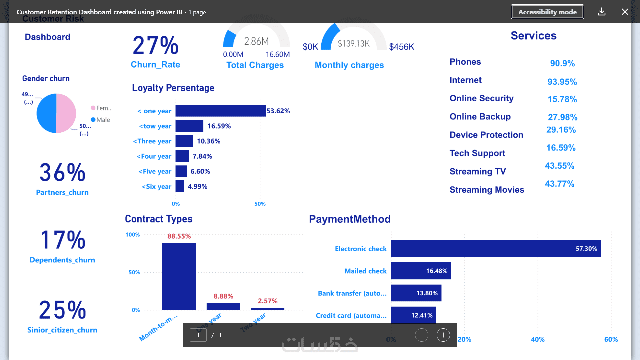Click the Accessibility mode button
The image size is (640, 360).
coord(547,12)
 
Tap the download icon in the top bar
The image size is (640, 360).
coord(602,12)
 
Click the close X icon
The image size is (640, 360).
coord(625,12)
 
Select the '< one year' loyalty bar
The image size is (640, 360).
coord(220,111)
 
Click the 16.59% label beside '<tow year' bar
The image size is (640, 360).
coord(219,126)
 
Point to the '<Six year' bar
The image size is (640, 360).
coord(180,186)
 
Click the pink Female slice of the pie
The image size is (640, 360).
coord(66,113)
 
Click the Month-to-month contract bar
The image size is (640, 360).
coord(179,276)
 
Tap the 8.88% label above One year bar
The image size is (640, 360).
coord(223,296)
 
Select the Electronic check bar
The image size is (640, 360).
coord(496,248)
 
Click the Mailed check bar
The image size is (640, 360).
coord(421,271)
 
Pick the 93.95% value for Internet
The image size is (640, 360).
coord(562,82)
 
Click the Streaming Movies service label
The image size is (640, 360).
coord(487,190)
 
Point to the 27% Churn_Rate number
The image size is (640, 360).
coord(155,45)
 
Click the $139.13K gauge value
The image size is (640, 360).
coord(354,44)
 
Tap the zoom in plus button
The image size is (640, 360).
coord(443,335)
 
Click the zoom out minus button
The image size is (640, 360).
coord(422,335)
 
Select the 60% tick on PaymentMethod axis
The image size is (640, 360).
coord(611,339)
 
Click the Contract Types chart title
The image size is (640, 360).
coord(159,219)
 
